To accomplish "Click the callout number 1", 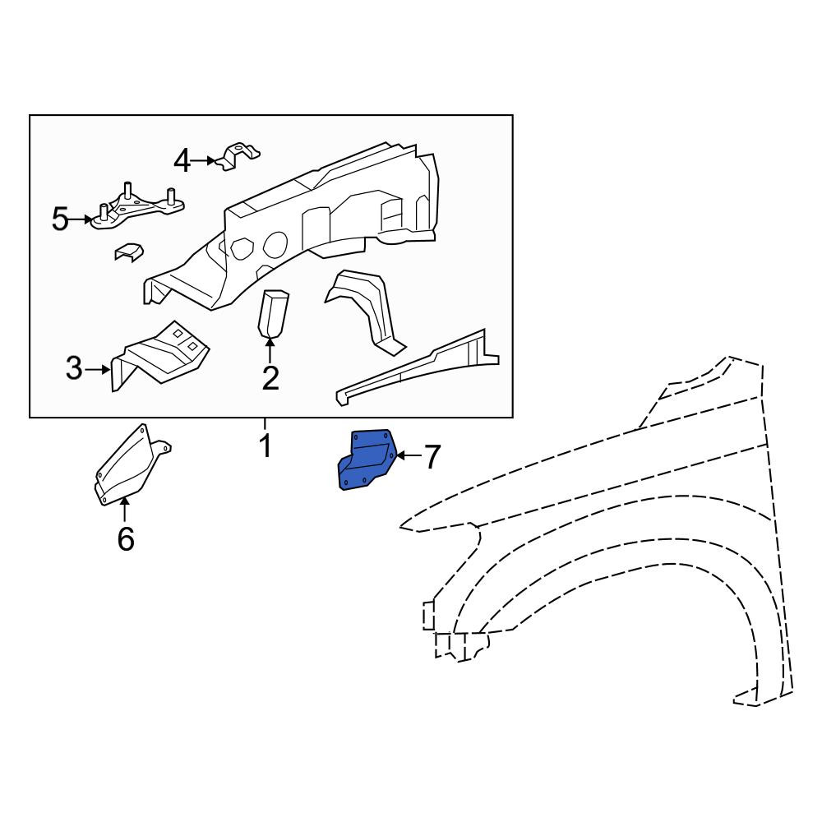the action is [x=266, y=446].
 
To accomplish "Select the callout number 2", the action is [x=270, y=378].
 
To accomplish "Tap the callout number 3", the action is [x=74, y=368].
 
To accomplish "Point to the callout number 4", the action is [x=182, y=161].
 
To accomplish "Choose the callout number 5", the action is [x=60, y=219].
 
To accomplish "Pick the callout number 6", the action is [x=126, y=539].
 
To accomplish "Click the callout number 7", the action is [x=432, y=456].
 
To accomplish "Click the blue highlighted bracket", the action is [x=367, y=459].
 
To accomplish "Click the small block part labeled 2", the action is [x=273, y=312].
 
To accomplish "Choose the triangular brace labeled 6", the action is [x=130, y=465].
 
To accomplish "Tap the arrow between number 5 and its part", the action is [x=81, y=219].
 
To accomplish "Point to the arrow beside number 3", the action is [x=98, y=370].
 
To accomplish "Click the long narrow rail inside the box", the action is [x=418, y=367].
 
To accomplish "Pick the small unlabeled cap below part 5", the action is [x=129, y=252].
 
